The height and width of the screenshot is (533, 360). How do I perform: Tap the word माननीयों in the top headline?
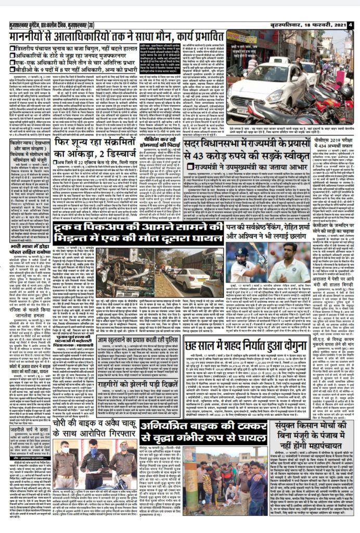click(x=37, y=37)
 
